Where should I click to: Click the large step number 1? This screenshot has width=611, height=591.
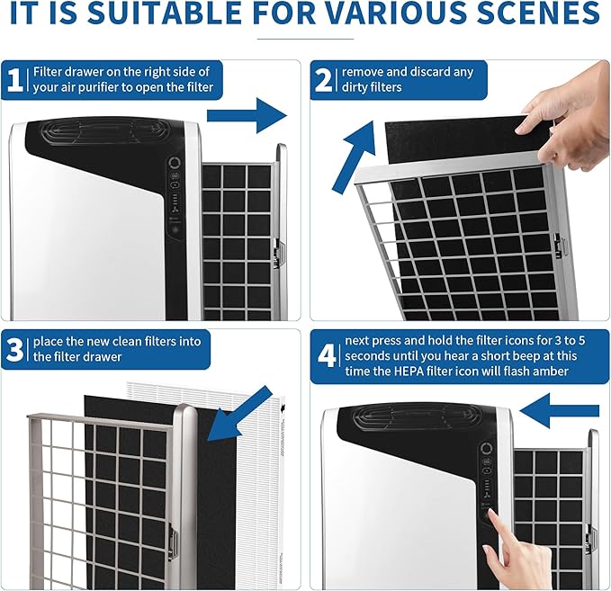coord(15,80)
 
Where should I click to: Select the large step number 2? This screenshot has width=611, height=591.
coord(323,80)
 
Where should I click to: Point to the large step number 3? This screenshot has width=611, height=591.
coord(14,349)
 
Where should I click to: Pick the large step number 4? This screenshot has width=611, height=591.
coord(327,355)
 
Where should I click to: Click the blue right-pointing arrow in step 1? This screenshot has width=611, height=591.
coord(247,116)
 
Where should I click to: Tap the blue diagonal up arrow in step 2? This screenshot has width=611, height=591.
coord(354,157)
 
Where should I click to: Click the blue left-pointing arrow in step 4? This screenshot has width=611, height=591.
coord(559,411)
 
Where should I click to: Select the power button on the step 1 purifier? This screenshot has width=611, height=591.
coord(175,163)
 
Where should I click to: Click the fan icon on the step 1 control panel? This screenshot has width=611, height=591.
coord(175,210)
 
